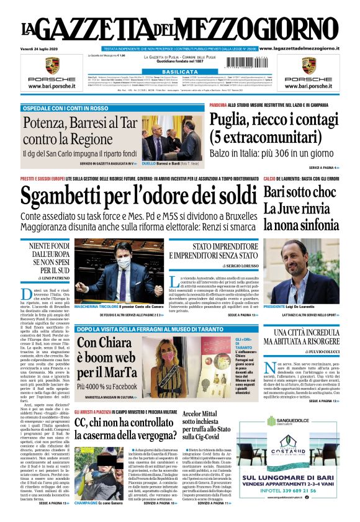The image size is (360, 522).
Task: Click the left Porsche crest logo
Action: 52,65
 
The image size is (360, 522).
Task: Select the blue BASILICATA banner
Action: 179,72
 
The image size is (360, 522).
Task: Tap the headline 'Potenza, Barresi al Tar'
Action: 80,123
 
